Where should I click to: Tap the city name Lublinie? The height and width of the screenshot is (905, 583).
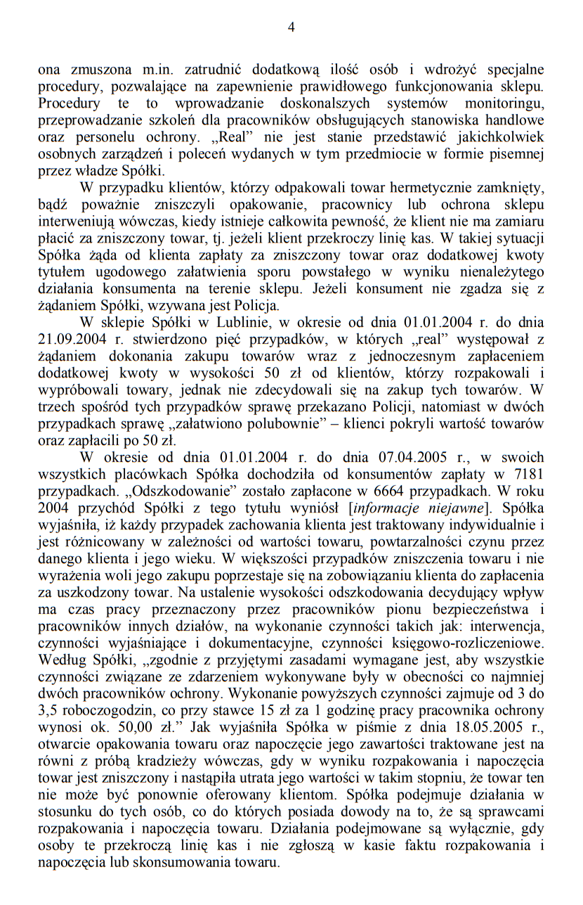[237, 323]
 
